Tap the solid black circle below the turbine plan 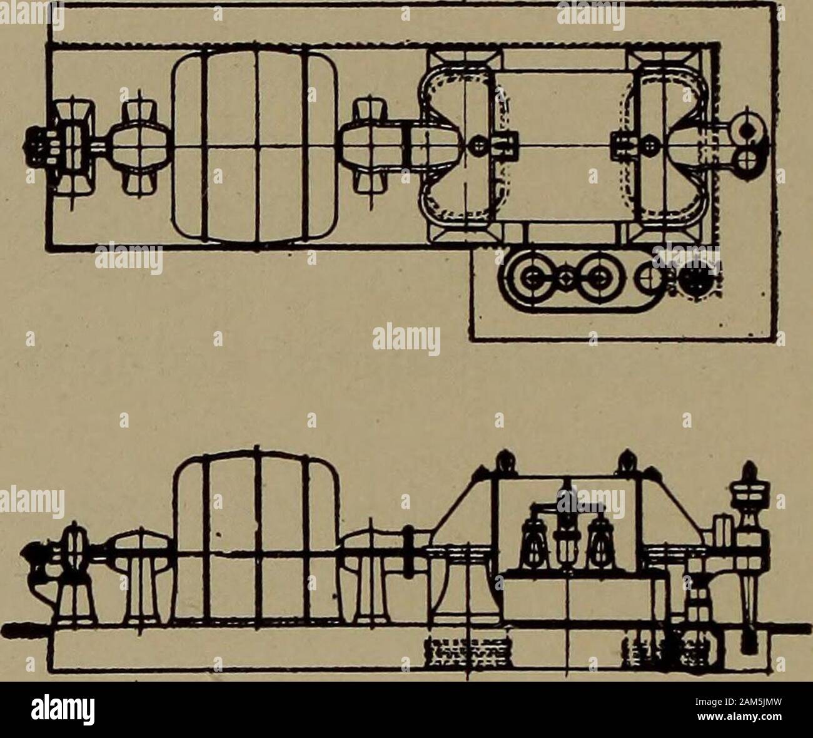pos(696,280)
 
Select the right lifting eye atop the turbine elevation pos(627,461)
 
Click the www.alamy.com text pos(737,717)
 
